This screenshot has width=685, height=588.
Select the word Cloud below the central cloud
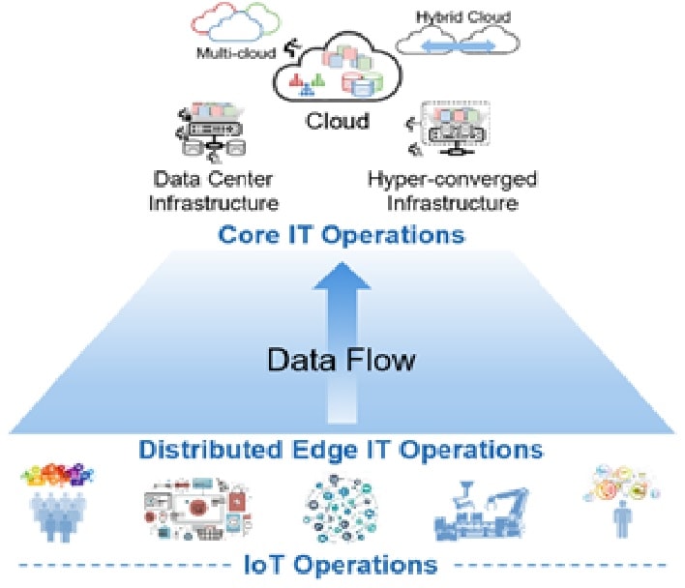click(x=338, y=121)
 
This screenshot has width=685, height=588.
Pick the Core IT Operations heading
click(x=342, y=235)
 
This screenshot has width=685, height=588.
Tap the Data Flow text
click(x=342, y=362)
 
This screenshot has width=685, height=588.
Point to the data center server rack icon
click(x=212, y=133)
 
